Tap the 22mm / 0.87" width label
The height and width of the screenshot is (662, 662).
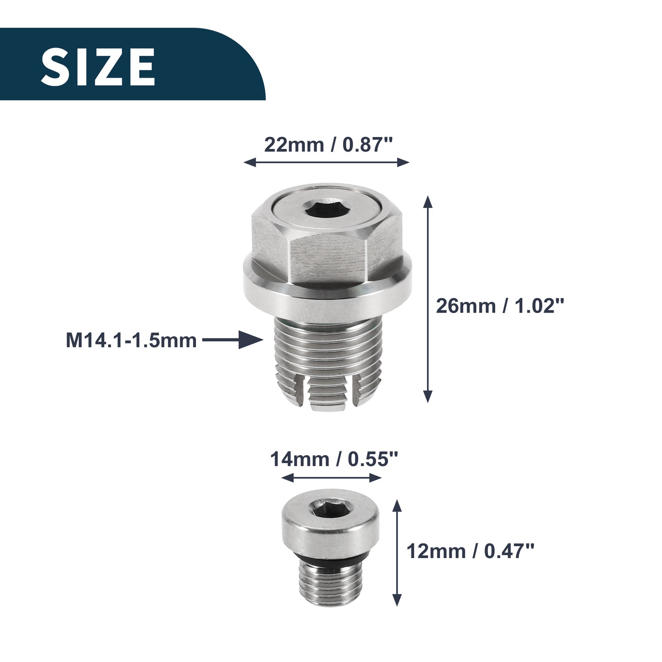328,145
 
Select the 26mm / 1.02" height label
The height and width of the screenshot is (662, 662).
500,305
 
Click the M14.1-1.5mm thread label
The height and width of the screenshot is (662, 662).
131,341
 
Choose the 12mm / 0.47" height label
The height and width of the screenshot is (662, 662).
470,551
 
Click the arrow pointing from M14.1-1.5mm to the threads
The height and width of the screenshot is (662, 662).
233,340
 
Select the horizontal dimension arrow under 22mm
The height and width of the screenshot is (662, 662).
326,162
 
